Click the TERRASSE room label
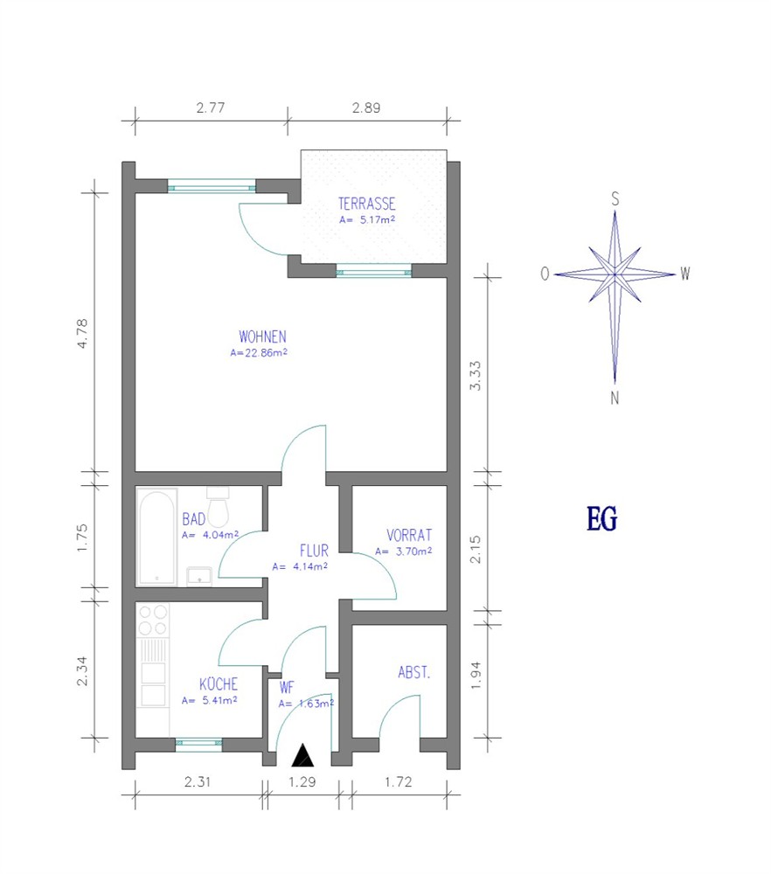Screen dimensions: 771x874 pos(366,204)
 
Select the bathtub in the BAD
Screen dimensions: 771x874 pos(156,538)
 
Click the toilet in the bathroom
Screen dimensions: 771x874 pos(218,507)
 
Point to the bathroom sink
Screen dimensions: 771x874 pos(199,576)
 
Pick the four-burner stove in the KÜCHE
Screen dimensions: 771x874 pos(153,620)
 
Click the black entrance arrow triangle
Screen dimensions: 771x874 pos(302,755)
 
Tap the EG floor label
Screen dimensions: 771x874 pos(601,518)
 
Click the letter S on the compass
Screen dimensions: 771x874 pos(615,198)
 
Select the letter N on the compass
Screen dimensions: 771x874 pos(615,398)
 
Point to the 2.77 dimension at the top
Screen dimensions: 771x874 pos(210,108)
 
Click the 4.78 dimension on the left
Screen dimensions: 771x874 pos(82,333)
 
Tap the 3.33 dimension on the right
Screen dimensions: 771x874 pos(475,376)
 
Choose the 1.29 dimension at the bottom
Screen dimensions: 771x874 pos(302,782)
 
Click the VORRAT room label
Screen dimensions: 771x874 pos(409,535)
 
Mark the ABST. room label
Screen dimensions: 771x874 pos(413,673)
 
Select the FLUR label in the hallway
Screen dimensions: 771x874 pos(314,551)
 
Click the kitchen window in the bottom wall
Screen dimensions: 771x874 pos(198,742)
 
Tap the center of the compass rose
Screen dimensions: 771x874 pos(615,274)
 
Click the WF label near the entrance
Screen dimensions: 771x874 pos(287,687)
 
